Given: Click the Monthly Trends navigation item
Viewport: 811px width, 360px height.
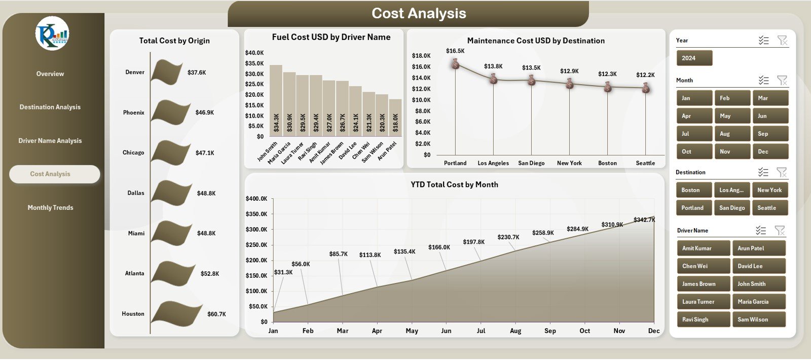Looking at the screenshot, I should click(x=50, y=207).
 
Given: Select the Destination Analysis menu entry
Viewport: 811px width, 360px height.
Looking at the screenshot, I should click(x=50, y=107).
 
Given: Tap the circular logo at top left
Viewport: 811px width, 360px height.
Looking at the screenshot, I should click(x=52, y=33).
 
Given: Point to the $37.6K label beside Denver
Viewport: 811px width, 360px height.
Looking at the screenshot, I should click(x=197, y=73).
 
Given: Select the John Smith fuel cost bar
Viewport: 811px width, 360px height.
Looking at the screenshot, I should click(x=276, y=100).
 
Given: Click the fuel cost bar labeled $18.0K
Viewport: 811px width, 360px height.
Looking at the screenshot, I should click(x=395, y=117).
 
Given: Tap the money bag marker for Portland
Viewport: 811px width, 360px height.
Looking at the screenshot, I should click(x=455, y=64).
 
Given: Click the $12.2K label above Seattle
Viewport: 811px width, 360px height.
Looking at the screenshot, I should click(x=645, y=75).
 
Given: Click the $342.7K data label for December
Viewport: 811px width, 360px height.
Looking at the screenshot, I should click(x=644, y=220).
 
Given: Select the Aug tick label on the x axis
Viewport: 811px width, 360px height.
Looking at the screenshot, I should click(x=515, y=331).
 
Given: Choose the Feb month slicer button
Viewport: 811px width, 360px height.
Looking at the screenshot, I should click(x=732, y=98).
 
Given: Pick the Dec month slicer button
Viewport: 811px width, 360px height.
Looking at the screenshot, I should click(x=770, y=152).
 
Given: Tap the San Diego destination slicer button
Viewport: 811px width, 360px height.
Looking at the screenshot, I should click(x=732, y=208).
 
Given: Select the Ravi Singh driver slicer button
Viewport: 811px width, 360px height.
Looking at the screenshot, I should click(x=703, y=319).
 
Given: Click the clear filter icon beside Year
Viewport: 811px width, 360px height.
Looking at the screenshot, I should click(x=782, y=41).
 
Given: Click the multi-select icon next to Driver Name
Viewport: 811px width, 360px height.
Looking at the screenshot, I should click(x=761, y=231).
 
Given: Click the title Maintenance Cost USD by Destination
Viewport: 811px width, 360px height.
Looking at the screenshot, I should click(x=536, y=41).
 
